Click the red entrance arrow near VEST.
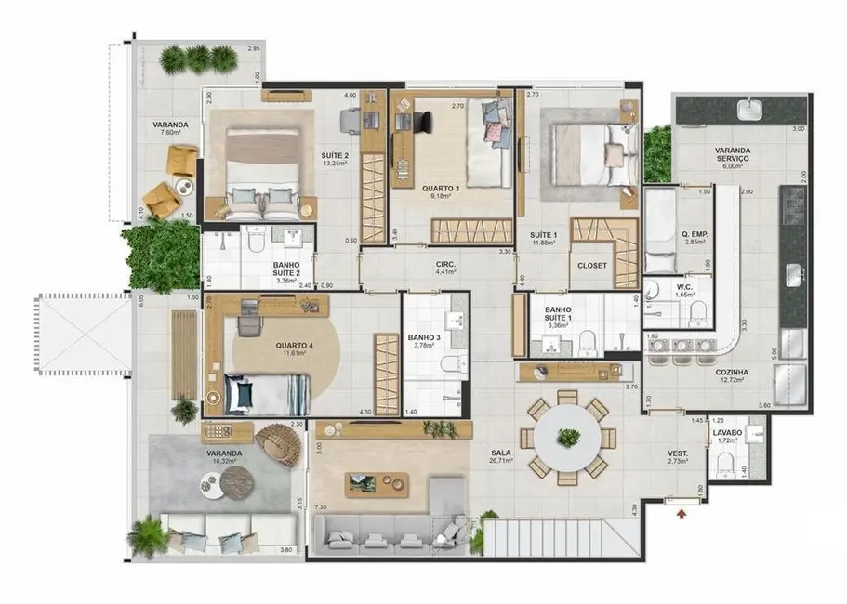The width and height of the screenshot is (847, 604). [683, 510]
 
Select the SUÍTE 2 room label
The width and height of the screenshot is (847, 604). [336, 155]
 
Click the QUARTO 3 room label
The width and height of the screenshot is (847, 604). [441, 185]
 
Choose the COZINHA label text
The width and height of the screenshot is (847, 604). [734, 370]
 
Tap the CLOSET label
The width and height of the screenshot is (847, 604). [592, 266]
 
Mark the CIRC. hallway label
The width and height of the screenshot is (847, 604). [445, 264]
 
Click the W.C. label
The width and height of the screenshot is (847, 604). [683, 287]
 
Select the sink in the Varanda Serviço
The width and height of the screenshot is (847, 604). [750, 111]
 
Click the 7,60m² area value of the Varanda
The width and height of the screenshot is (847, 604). [171, 134]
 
